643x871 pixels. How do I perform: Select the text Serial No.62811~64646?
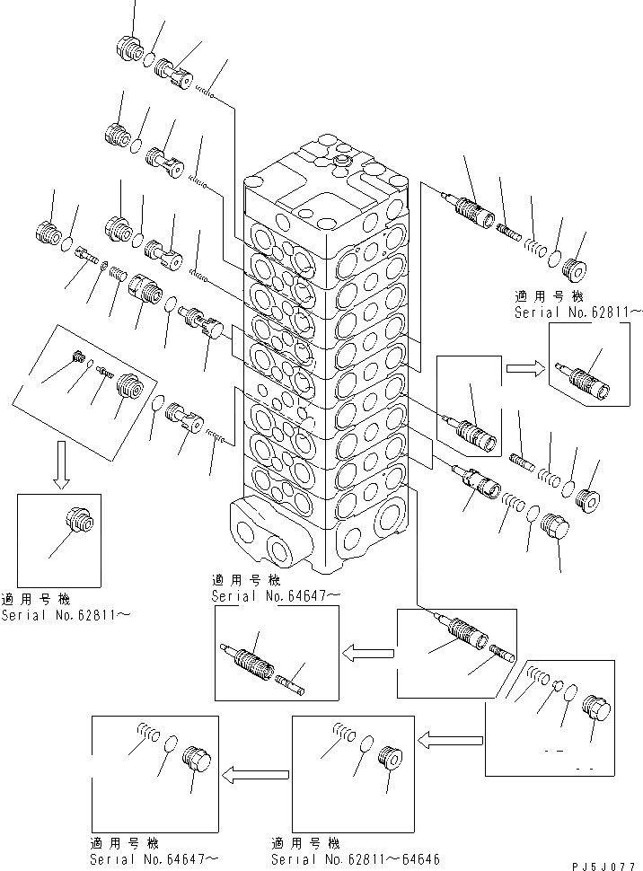(x=355, y=858)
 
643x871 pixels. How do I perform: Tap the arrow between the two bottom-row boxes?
(x=256, y=772)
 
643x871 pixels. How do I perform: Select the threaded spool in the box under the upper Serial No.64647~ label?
(x=255, y=662)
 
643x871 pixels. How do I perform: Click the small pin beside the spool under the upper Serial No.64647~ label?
(x=291, y=683)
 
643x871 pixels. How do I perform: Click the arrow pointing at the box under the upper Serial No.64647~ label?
(x=368, y=651)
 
